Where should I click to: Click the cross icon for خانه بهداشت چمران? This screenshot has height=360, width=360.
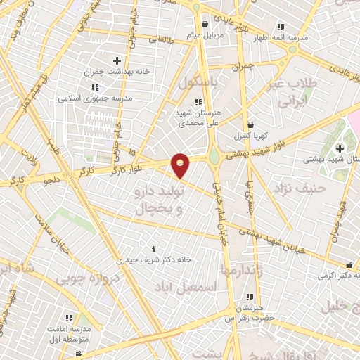(x=117, y=60)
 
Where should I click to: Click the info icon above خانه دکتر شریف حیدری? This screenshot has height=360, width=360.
(x=154, y=249)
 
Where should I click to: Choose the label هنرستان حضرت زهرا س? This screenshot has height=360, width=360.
(x=248, y=314)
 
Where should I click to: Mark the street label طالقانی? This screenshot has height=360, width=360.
(x=160, y=41)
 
